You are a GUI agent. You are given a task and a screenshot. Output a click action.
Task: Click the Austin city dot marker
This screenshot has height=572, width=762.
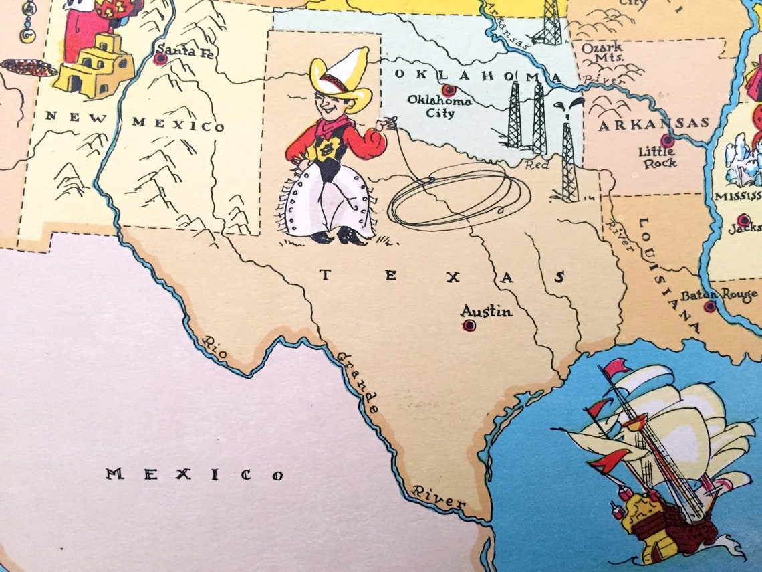[x=469, y=326]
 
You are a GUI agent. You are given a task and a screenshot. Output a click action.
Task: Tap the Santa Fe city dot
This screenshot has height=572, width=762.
[x=160, y=59]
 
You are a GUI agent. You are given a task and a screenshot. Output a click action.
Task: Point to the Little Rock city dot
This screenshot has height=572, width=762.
[x=666, y=140]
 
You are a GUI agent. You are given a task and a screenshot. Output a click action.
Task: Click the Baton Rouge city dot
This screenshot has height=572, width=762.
[x=710, y=306]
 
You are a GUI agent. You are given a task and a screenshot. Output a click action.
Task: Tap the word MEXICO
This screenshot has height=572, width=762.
[x=194, y=475]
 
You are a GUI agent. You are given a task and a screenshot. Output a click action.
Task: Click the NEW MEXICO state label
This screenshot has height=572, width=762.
[x=134, y=122]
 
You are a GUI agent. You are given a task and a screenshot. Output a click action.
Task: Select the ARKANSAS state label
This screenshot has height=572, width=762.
[x=653, y=124]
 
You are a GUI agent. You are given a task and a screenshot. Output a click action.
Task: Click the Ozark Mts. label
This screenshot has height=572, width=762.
[x=602, y=52]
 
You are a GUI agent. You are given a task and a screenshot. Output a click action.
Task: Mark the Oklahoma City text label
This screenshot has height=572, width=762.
[x=440, y=107]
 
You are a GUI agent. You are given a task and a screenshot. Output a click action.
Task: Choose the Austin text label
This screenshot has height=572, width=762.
[x=486, y=311]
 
